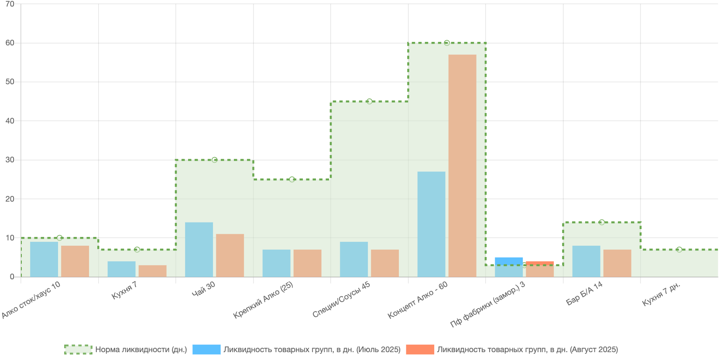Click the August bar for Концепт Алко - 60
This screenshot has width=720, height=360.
462,166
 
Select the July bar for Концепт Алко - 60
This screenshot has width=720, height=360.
431,224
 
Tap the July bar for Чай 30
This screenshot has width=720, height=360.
199,250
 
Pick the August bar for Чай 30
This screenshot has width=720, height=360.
230,255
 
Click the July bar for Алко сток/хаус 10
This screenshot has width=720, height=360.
44,259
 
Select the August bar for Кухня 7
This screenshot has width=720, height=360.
152,271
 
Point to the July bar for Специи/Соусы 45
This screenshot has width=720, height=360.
354,259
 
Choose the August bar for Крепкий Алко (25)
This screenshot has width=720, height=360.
307,263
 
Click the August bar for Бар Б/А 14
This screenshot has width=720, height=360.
617,263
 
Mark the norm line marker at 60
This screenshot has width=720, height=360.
447,43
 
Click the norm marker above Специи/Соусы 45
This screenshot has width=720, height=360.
369,101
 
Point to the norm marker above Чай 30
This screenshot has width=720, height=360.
214,160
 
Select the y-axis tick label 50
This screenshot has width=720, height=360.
10,82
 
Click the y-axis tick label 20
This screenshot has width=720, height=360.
10,199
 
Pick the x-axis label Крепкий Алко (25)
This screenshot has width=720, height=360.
263,300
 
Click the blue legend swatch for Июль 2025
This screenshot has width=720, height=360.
206,350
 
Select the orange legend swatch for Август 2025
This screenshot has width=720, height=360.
420,350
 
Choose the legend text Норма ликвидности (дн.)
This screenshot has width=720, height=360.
141,350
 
